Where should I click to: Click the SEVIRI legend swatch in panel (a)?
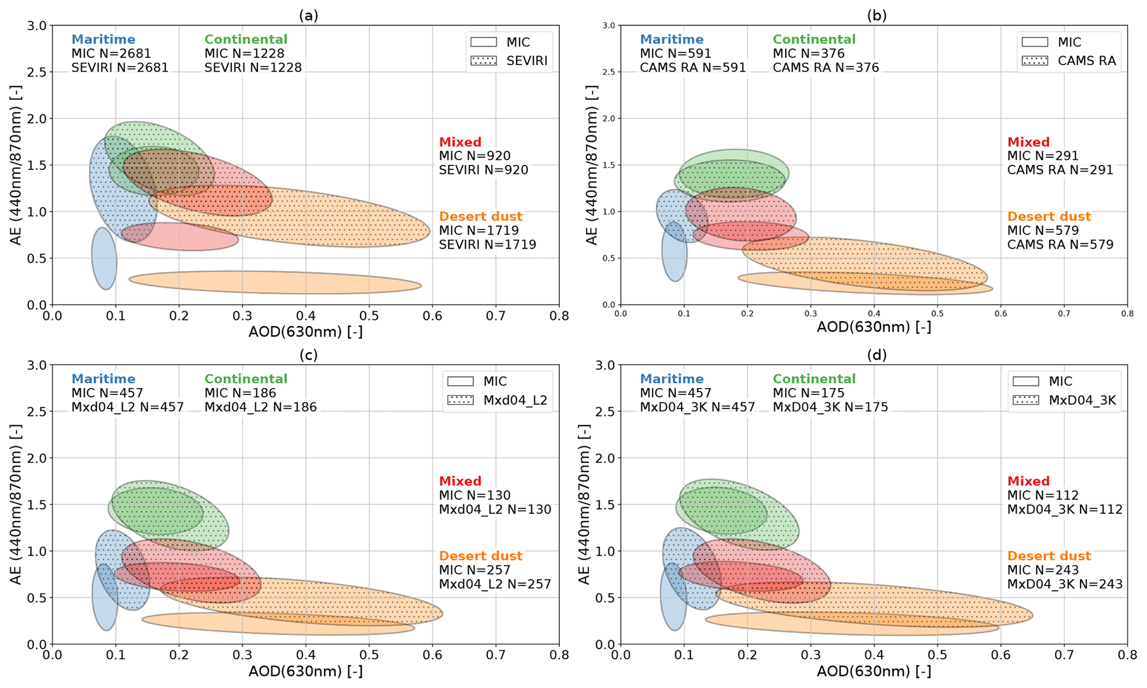pyautogui.click(x=483, y=61)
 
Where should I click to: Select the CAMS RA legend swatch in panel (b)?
pyautogui.click(x=1035, y=61)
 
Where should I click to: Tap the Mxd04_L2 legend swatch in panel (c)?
pyautogui.click(x=461, y=400)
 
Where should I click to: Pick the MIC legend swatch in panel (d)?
pyautogui.click(x=1026, y=381)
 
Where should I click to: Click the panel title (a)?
pyautogui.click(x=309, y=16)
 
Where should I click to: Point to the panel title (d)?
pyautogui.click(x=877, y=354)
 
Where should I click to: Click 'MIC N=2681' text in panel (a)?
pyautogui.click(x=111, y=53)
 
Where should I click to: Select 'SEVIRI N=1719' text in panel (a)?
pyautogui.click(x=487, y=244)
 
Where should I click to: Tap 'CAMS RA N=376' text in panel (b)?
pyautogui.click(x=826, y=68)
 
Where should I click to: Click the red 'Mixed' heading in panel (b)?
pyautogui.click(x=1028, y=142)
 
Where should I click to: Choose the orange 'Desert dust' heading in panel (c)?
pyautogui.click(x=481, y=556)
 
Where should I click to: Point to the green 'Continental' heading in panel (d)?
pyautogui.click(x=814, y=379)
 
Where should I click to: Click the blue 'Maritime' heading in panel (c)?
pyautogui.click(x=103, y=379)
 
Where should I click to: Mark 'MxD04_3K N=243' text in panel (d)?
pyautogui.click(x=1065, y=584)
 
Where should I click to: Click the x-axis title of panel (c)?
pyautogui.click(x=305, y=671)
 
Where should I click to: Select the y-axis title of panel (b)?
pyautogui.click(x=592, y=165)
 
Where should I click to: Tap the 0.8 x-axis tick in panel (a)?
pyautogui.click(x=559, y=316)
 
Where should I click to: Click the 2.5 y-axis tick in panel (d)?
pyautogui.click(x=605, y=411)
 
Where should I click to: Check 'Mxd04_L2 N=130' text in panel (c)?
pyautogui.click(x=495, y=509)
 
